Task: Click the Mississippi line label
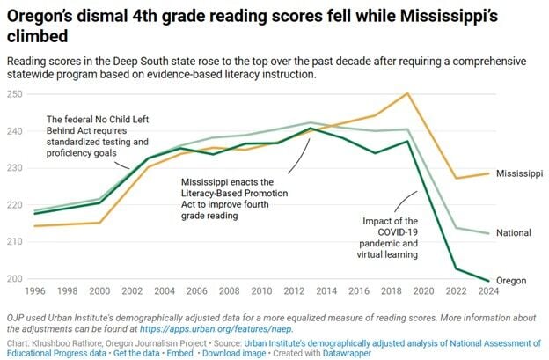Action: point(519,173)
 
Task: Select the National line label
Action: point(513,233)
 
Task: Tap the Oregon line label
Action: point(511,281)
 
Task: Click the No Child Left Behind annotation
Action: point(97,136)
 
